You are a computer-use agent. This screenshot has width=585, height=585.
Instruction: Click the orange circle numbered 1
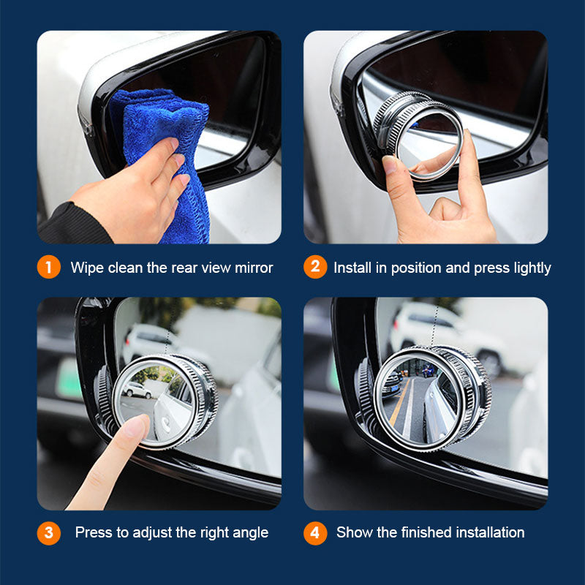48,267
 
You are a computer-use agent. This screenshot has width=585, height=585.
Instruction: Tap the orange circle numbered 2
314,267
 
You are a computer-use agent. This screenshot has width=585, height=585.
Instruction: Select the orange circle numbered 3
48,532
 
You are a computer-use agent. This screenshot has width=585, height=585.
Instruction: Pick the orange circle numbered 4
314,532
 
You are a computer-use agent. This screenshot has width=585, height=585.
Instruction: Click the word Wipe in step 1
87,268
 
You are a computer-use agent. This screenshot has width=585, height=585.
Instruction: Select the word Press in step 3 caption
94,532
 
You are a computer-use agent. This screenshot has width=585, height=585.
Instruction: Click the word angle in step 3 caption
249,532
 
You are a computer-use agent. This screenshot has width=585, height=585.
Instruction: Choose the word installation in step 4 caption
486,532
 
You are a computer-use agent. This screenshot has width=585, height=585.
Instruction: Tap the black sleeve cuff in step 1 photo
69,227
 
